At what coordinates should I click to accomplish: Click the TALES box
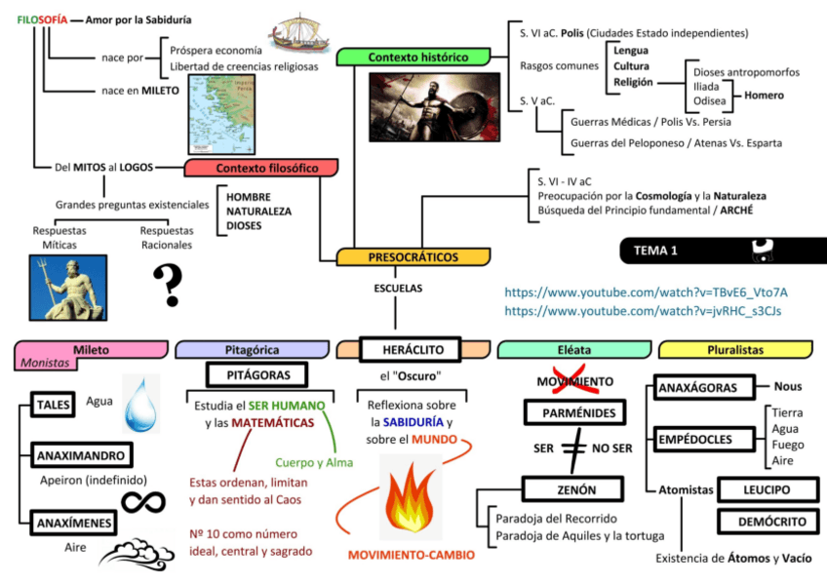(x=51, y=404)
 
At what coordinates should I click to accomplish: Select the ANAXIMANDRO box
(x=82, y=455)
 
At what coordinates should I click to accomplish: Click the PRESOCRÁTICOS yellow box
(x=413, y=257)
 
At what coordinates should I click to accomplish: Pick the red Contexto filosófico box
(x=261, y=168)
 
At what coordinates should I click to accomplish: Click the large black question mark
(x=168, y=285)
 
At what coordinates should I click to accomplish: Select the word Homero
(x=764, y=96)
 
